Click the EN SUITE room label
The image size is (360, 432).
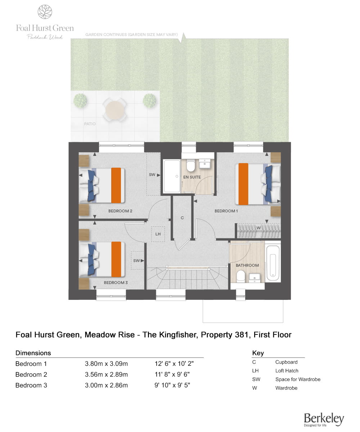click(x=192, y=177)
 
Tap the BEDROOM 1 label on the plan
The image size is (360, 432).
click(x=226, y=211)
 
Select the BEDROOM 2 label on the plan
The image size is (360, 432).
click(x=120, y=211)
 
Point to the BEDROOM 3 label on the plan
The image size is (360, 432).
click(x=116, y=282)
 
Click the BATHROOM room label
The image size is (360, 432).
click(x=247, y=265)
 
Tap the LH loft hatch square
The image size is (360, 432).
click(x=158, y=234)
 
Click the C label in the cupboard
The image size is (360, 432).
click(x=182, y=218)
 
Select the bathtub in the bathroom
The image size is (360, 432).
click(x=273, y=261)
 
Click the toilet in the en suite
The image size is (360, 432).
click(x=190, y=166)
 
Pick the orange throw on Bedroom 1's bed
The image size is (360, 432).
click(x=243, y=184)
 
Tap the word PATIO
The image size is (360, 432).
click(x=90, y=124)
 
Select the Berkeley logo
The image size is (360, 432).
click(x=324, y=420)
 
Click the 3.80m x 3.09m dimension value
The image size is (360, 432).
click(x=106, y=364)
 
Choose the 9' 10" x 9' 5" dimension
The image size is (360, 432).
click(x=172, y=385)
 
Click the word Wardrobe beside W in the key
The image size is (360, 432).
click(x=286, y=388)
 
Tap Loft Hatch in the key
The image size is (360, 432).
click(x=287, y=370)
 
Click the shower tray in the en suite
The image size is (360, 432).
click(x=172, y=176)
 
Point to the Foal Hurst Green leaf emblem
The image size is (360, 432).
click(x=45, y=12)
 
